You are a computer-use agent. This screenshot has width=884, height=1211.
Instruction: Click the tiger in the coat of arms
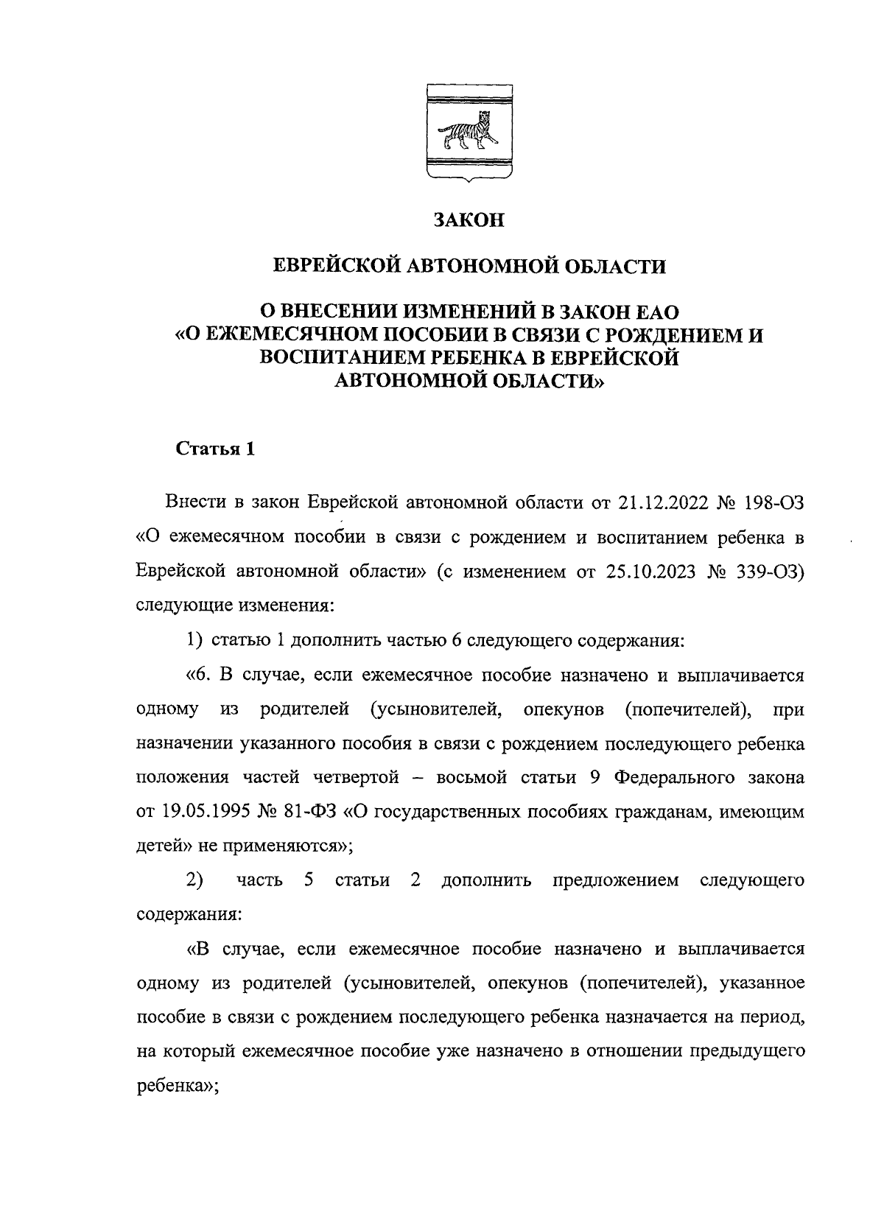[x=470, y=132]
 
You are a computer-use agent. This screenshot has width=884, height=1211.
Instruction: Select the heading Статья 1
[x=214, y=450]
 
